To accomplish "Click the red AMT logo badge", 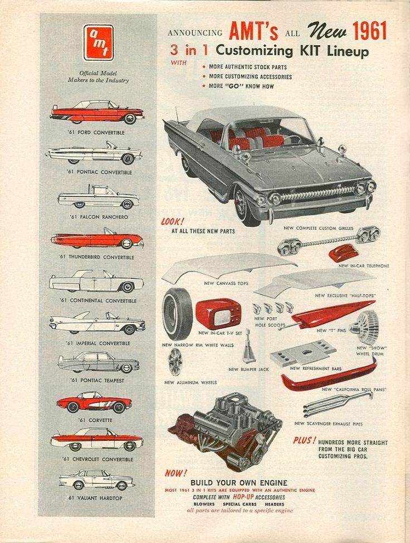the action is (98, 42).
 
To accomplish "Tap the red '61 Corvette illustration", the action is (94, 403).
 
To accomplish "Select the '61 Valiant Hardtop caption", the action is (95, 498).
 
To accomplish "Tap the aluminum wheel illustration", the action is (175, 362).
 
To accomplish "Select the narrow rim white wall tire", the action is (177, 314).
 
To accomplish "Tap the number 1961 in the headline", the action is (369, 31).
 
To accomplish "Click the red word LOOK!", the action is (173, 221).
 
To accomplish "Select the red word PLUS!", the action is (305, 440).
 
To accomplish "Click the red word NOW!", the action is (176, 473).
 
